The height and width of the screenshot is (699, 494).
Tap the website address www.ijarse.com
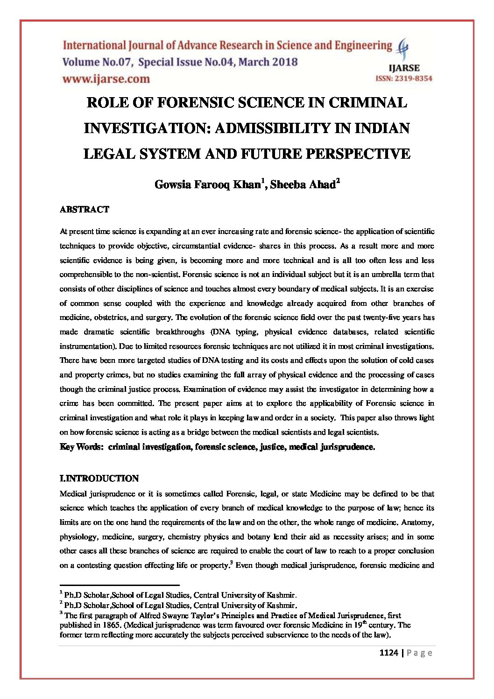[106, 79]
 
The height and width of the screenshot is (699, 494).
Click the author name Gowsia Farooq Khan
[207, 185]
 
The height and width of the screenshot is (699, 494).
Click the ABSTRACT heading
[84, 210]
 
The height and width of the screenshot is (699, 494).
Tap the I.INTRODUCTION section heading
[99, 479]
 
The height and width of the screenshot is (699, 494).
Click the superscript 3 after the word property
[232, 563]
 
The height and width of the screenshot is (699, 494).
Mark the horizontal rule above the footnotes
[120, 585]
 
